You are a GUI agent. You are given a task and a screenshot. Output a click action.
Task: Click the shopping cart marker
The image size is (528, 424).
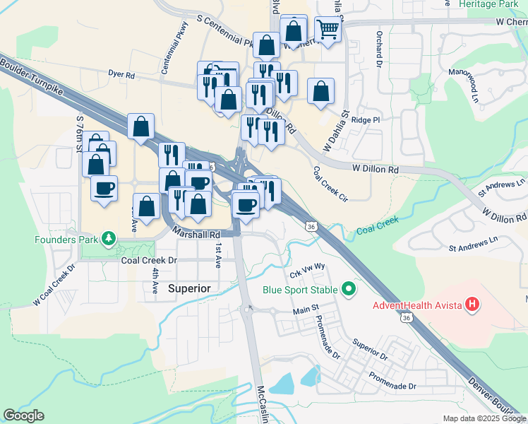328,30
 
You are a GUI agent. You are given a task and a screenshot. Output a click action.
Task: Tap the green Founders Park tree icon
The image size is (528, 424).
108,238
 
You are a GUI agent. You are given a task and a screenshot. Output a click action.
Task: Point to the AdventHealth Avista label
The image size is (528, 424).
417,305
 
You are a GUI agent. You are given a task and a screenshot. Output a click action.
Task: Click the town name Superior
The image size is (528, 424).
189,288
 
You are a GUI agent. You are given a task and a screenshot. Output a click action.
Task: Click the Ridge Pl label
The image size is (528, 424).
365,120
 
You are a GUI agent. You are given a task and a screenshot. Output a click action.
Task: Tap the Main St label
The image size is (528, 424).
306,311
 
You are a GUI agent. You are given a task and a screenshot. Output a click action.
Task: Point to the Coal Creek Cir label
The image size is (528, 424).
330,184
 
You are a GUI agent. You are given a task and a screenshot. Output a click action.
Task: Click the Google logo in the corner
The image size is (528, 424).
23,416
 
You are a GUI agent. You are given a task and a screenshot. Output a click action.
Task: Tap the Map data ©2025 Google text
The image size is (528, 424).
484,418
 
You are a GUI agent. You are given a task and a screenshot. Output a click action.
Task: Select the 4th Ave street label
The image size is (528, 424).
155,278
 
